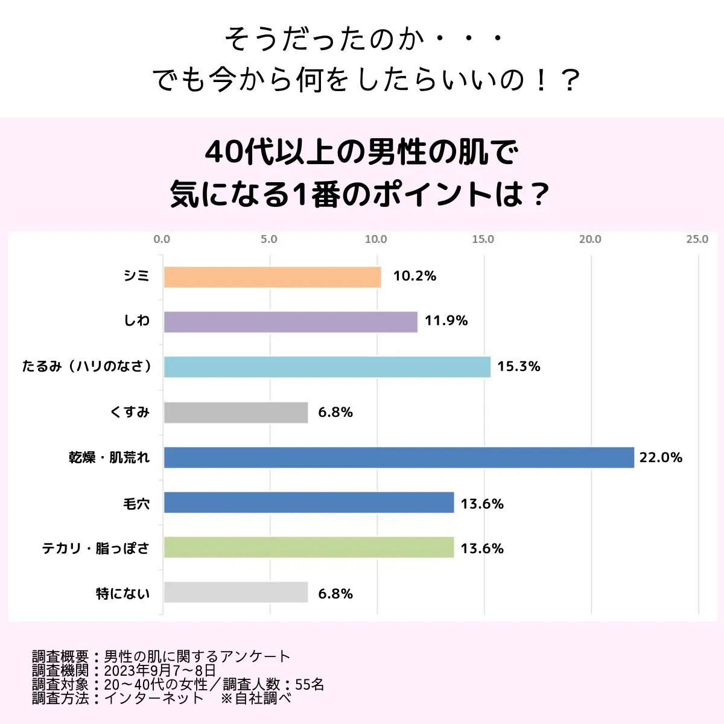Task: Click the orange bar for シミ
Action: point(272,277)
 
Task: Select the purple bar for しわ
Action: point(290,322)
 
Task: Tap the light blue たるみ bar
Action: point(327,367)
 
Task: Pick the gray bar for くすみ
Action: point(236,413)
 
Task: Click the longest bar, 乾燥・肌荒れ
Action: point(399,457)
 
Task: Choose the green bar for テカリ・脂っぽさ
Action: point(308,548)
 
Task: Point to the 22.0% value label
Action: point(661,457)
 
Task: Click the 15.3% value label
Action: point(518,366)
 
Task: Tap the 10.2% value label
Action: point(414,276)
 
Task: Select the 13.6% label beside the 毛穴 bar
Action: point(482,504)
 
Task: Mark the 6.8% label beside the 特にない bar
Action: point(335,594)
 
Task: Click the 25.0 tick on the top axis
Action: point(697,240)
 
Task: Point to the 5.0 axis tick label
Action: point(269,240)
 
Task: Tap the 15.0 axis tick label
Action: point(483,240)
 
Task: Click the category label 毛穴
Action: point(136,504)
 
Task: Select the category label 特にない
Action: point(122,594)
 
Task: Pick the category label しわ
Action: point(137,321)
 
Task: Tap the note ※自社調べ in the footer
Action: point(256,698)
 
